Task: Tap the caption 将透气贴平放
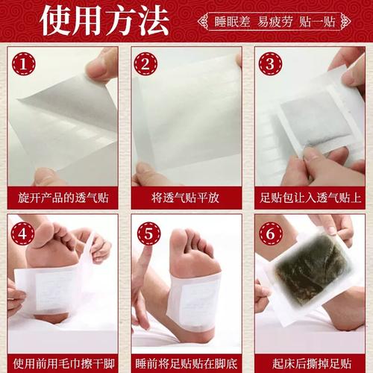(186, 199)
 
